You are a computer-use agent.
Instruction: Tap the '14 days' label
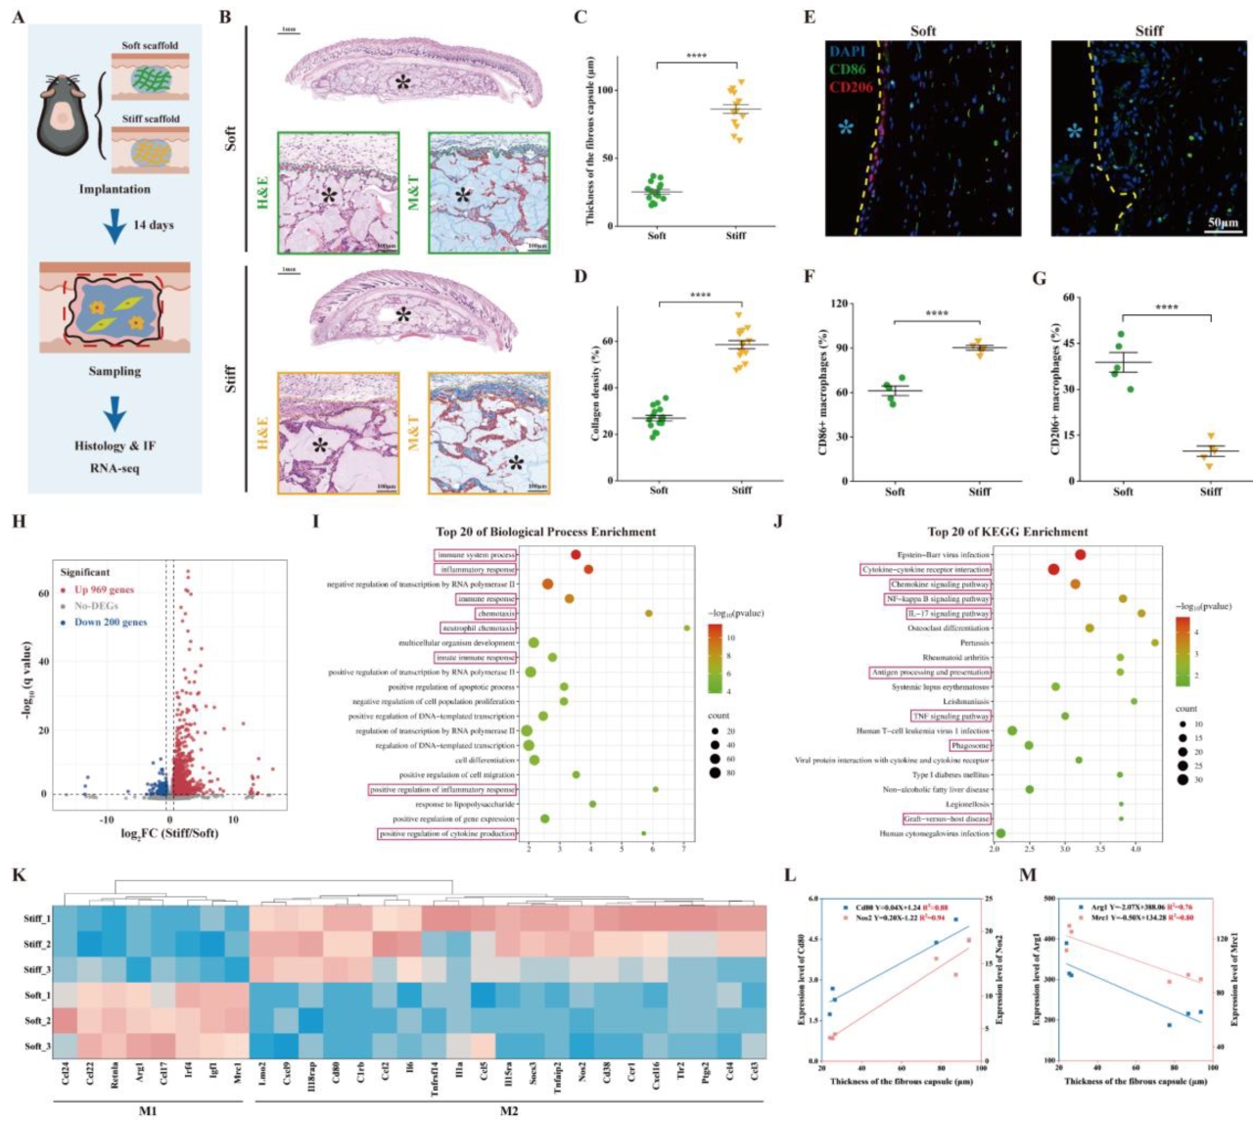click(153, 225)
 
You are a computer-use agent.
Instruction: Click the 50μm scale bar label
click(1223, 223)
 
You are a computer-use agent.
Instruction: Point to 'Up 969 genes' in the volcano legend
click(103, 589)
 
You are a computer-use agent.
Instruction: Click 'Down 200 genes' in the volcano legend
click(110, 622)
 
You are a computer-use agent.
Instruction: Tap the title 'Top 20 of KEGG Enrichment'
click(1007, 532)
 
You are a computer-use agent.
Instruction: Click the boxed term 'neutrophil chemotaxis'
click(479, 629)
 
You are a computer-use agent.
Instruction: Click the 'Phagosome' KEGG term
click(969, 745)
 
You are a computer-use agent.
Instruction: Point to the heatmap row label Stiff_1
click(36, 918)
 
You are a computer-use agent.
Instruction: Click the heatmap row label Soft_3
click(37, 1046)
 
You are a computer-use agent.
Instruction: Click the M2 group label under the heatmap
click(509, 1112)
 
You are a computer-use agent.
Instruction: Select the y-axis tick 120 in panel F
click(838, 304)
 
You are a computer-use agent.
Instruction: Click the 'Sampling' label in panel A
click(115, 371)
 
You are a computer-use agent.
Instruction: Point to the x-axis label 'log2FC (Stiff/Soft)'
click(169, 833)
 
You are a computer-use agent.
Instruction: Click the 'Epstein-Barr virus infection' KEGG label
click(943, 555)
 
